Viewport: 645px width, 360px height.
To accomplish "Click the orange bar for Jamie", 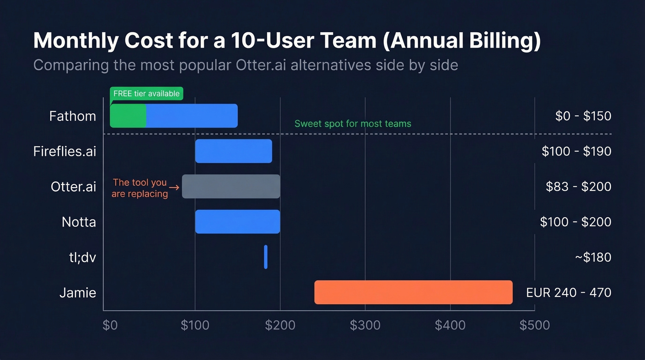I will tap(413, 292).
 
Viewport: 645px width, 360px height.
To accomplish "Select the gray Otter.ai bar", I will tap(231, 186).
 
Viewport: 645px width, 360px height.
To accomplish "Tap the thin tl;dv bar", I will tap(266, 257).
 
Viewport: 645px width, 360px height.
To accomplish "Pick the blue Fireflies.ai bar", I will tap(234, 151).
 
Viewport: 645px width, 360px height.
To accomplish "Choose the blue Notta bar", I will tap(237, 222).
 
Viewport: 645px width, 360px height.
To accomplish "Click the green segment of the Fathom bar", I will tap(128, 116).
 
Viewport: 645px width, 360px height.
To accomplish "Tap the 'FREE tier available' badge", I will tap(147, 94).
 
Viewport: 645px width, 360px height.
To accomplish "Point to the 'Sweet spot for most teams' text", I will tap(352, 124).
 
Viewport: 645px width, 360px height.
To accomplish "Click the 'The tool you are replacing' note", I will tap(140, 188).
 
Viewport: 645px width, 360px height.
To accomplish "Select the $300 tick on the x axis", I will tap(365, 325).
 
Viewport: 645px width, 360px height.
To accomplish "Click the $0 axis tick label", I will tap(110, 325).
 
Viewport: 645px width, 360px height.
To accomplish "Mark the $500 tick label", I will tap(534, 325).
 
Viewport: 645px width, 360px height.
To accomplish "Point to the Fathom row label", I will tap(73, 116).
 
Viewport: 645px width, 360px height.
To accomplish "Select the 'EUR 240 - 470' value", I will tap(569, 292).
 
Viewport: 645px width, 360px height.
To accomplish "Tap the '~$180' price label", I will tap(592, 257).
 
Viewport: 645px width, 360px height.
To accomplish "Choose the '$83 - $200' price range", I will tap(578, 186).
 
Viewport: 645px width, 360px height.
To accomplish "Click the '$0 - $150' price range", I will tap(583, 116).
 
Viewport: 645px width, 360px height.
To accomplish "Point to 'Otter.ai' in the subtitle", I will tap(261, 65).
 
